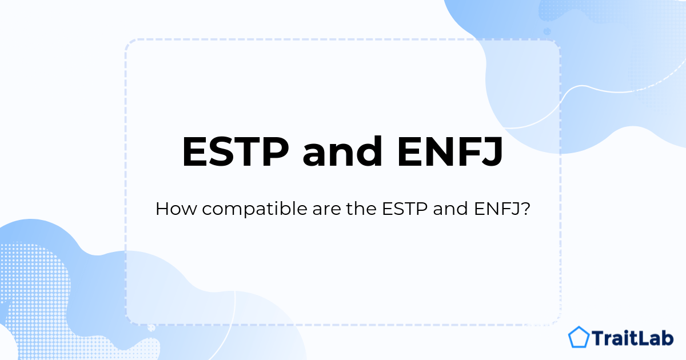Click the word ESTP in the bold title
[x=236, y=151]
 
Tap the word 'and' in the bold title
[x=342, y=151]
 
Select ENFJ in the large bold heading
[x=450, y=152]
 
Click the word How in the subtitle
[x=176, y=209]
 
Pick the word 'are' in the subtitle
[x=327, y=211]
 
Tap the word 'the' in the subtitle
[x=361, y=209]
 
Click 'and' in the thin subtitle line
[x=450, y=209]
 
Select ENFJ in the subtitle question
[x=497, y=209]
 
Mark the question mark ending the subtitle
[x=525, y=209]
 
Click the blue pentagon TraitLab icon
[x=579, y=337]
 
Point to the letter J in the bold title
[x=491, y=152]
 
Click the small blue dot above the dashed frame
[x=547, y=31]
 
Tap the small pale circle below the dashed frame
[x=151, y=328]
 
